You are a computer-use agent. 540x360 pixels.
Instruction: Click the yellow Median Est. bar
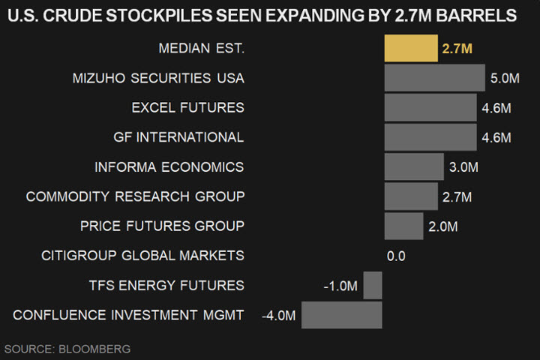(410, 49)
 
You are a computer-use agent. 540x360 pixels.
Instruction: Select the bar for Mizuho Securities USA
(434, 78)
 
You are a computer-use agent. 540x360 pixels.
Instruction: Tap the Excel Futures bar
(430, 107)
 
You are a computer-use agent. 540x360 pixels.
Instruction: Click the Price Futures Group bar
(403, 226)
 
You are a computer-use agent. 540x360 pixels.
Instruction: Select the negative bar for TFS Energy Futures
(373, 285)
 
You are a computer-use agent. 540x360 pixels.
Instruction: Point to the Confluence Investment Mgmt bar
(342, 315)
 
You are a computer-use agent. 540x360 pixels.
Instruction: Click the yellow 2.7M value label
(457, 49)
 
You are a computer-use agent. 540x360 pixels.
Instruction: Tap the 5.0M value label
(505, 79)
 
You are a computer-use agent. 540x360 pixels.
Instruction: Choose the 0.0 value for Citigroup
(396, 256)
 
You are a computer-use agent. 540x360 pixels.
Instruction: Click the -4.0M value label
(279, 316)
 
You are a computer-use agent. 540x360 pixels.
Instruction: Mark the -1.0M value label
(341, 286)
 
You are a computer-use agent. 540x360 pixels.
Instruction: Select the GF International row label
(178, 137)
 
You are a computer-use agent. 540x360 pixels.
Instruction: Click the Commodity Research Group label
(135, 196)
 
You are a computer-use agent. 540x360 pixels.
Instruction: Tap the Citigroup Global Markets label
(142, 256)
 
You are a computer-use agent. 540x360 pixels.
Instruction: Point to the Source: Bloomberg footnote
(67, 349)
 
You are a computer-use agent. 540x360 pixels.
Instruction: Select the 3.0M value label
(463, 167)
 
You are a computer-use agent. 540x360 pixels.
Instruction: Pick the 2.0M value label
(442, 226)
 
